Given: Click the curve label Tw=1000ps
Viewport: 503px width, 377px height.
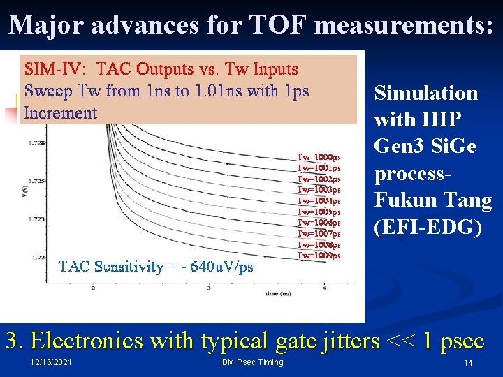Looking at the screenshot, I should pyautogui.click(x=319, y=157).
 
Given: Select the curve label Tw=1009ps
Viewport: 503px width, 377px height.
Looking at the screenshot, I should pyautogui.click(x=319, y=256).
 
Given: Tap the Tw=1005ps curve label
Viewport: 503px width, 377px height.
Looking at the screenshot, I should pyautogui.click(x=319, y=212).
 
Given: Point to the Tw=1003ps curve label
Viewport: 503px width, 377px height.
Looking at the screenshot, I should pyautogui.click(x=319, y=190).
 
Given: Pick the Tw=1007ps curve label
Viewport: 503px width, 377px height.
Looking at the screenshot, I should pyautogui.click(x=319, y=234).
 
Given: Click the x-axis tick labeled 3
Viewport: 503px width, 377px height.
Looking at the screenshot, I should pyautogui.click(x=209, y=288).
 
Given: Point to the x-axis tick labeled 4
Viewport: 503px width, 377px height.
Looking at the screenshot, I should pyautogui.click(x=324, y=288).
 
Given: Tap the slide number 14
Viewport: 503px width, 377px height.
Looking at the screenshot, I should pyautogui.click(x=468, y=363).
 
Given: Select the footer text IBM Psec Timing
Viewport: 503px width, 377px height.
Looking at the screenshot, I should pyautogui.click(x=251, y=362).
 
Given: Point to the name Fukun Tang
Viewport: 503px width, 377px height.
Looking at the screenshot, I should pyautogui.click(x=433, y=201).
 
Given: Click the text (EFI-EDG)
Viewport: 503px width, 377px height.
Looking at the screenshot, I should pyautogui.click(x=428, y=227).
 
